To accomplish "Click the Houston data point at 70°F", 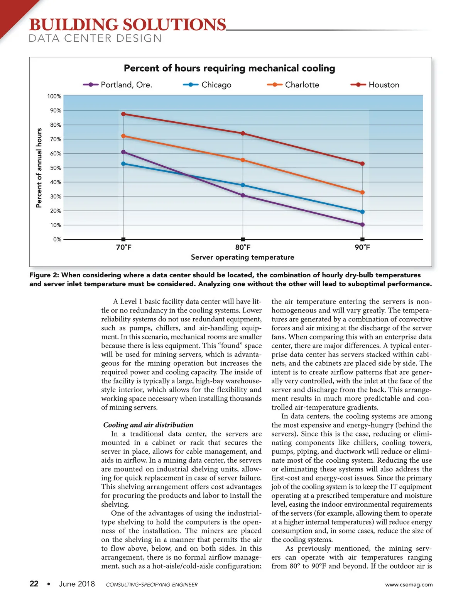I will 123,114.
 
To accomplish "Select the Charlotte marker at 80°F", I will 243,160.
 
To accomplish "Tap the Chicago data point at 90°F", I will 362,212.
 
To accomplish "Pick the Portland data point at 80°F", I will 243,195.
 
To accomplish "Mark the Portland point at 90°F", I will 362,224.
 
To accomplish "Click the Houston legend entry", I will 375,85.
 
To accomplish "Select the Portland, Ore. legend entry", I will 118,85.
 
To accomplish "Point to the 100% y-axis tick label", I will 54,96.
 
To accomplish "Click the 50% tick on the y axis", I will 56,168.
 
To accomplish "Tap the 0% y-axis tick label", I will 57,239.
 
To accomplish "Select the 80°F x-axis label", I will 243,248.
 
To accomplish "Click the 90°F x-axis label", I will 362,248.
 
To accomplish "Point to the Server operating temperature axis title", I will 242,257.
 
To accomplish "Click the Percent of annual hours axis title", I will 39,168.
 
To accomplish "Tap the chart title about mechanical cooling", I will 229,68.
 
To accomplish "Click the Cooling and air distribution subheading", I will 149,425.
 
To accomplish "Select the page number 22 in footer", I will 34,584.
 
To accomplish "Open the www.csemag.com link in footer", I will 409,584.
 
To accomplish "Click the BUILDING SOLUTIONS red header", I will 127,25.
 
